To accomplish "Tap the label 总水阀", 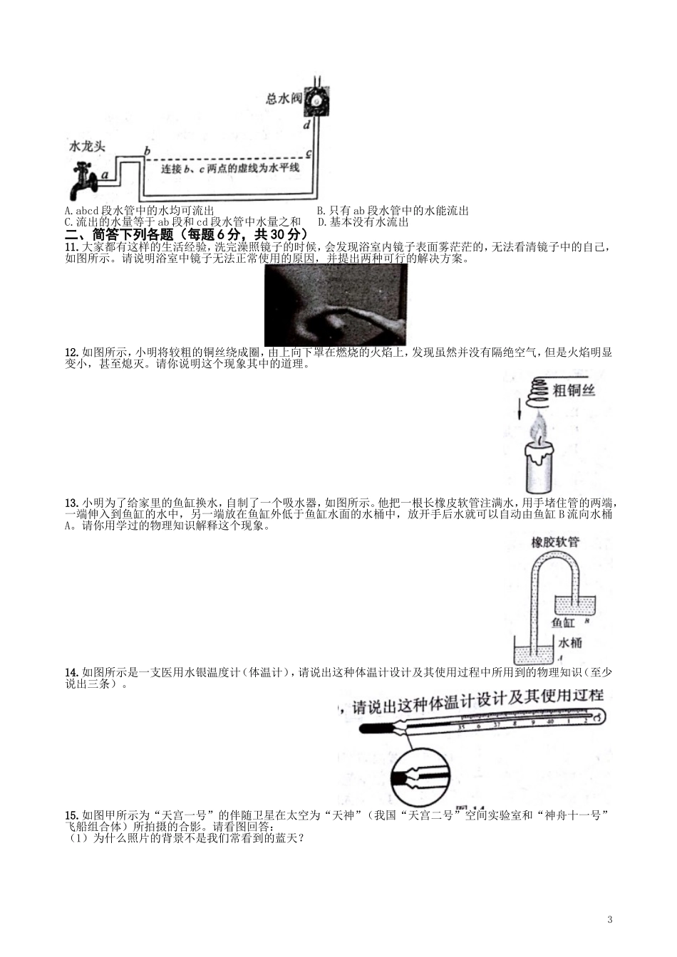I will pos(284,98).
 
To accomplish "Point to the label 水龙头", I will pos(87,146).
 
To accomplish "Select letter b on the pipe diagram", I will pos(147,151).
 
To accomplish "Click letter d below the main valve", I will pos(307,126).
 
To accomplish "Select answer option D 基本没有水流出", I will pos(363,222).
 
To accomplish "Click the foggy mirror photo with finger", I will pos(336,305).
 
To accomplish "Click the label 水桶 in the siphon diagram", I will pos(570,642).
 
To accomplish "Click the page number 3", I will pos(610,919).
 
